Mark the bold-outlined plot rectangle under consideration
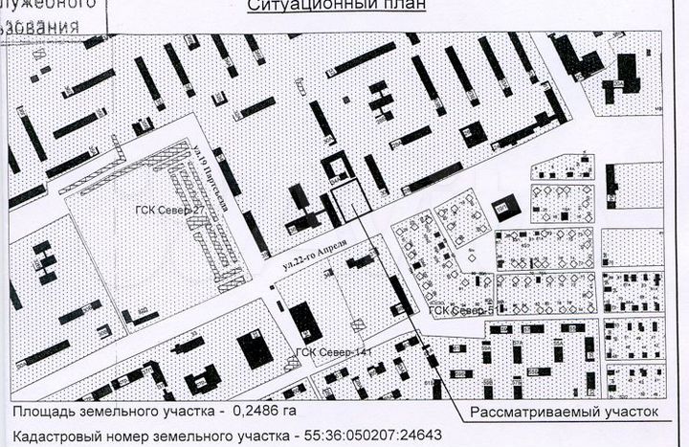[x=349, y=199]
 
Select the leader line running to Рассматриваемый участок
[x=402, y=306]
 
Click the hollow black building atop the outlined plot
[x=337, y=166]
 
